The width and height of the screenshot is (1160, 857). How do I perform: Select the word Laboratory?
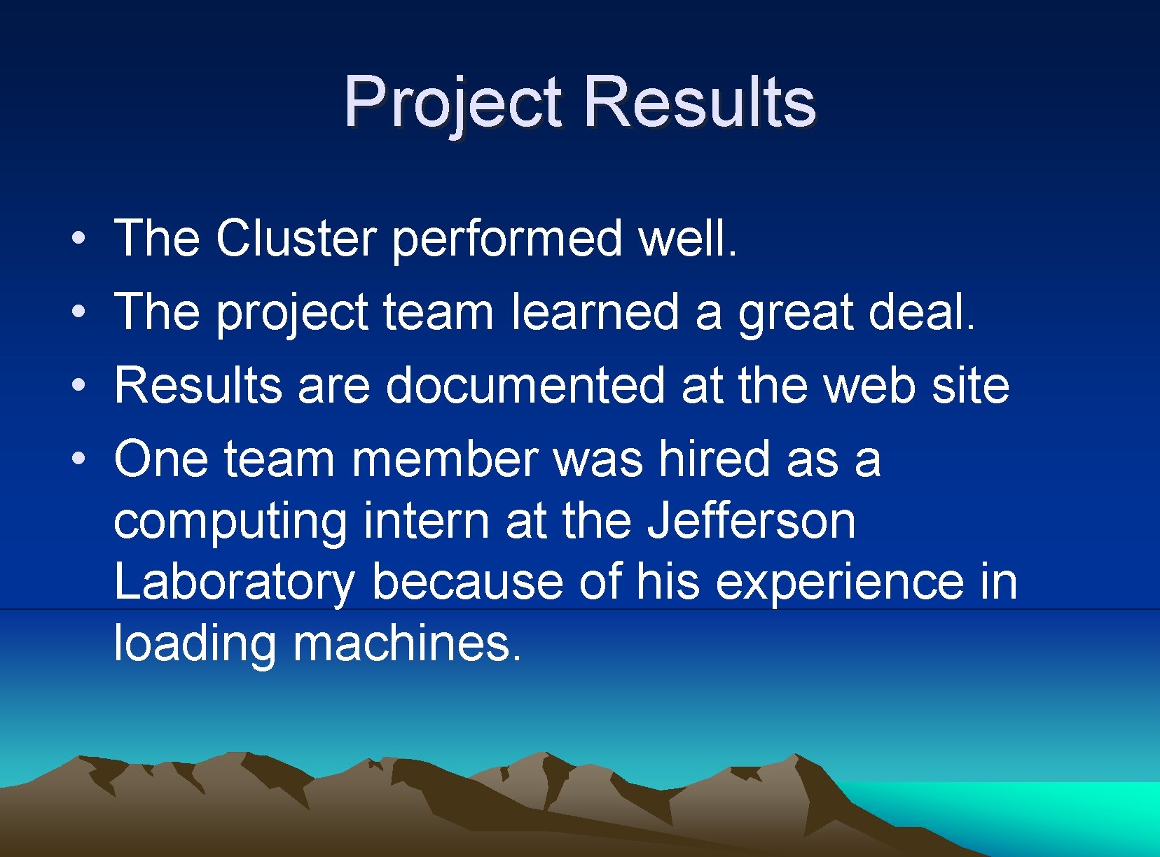pyautogui.click(x=234, y=583)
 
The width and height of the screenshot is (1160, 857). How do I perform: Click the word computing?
pyautogui.click(x=230, y=522)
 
